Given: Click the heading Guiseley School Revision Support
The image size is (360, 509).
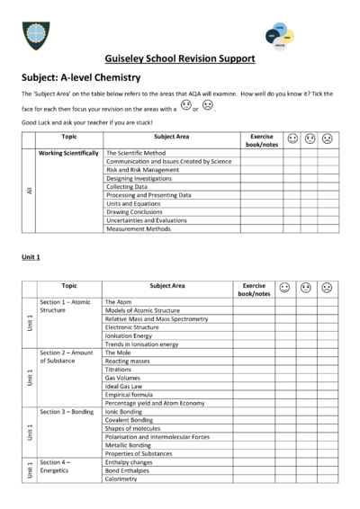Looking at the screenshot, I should (x=180, y=58).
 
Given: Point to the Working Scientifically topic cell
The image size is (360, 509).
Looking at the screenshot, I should (x=68, y=154).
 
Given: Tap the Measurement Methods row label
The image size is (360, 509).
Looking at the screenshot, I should (x=140, y=228).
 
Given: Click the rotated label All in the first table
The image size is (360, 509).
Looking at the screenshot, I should (x=29, y=191).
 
